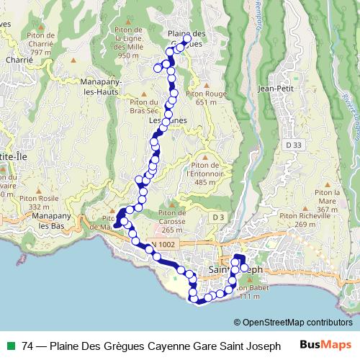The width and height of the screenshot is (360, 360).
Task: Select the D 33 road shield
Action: [x=292, y=145]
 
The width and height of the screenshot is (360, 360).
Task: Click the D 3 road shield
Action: [x=219, y=217]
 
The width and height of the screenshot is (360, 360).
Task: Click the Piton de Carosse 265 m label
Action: [x=172, y=221]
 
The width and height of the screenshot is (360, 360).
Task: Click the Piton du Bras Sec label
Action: [x=144, y=107]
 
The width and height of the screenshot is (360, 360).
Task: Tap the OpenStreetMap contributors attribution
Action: [x=293, y=323]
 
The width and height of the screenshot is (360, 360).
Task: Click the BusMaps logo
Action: [x=325, y=346]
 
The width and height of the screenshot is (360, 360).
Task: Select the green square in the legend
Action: [x=10, y=346]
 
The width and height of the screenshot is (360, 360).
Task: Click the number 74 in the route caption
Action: [x=27, y=346]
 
